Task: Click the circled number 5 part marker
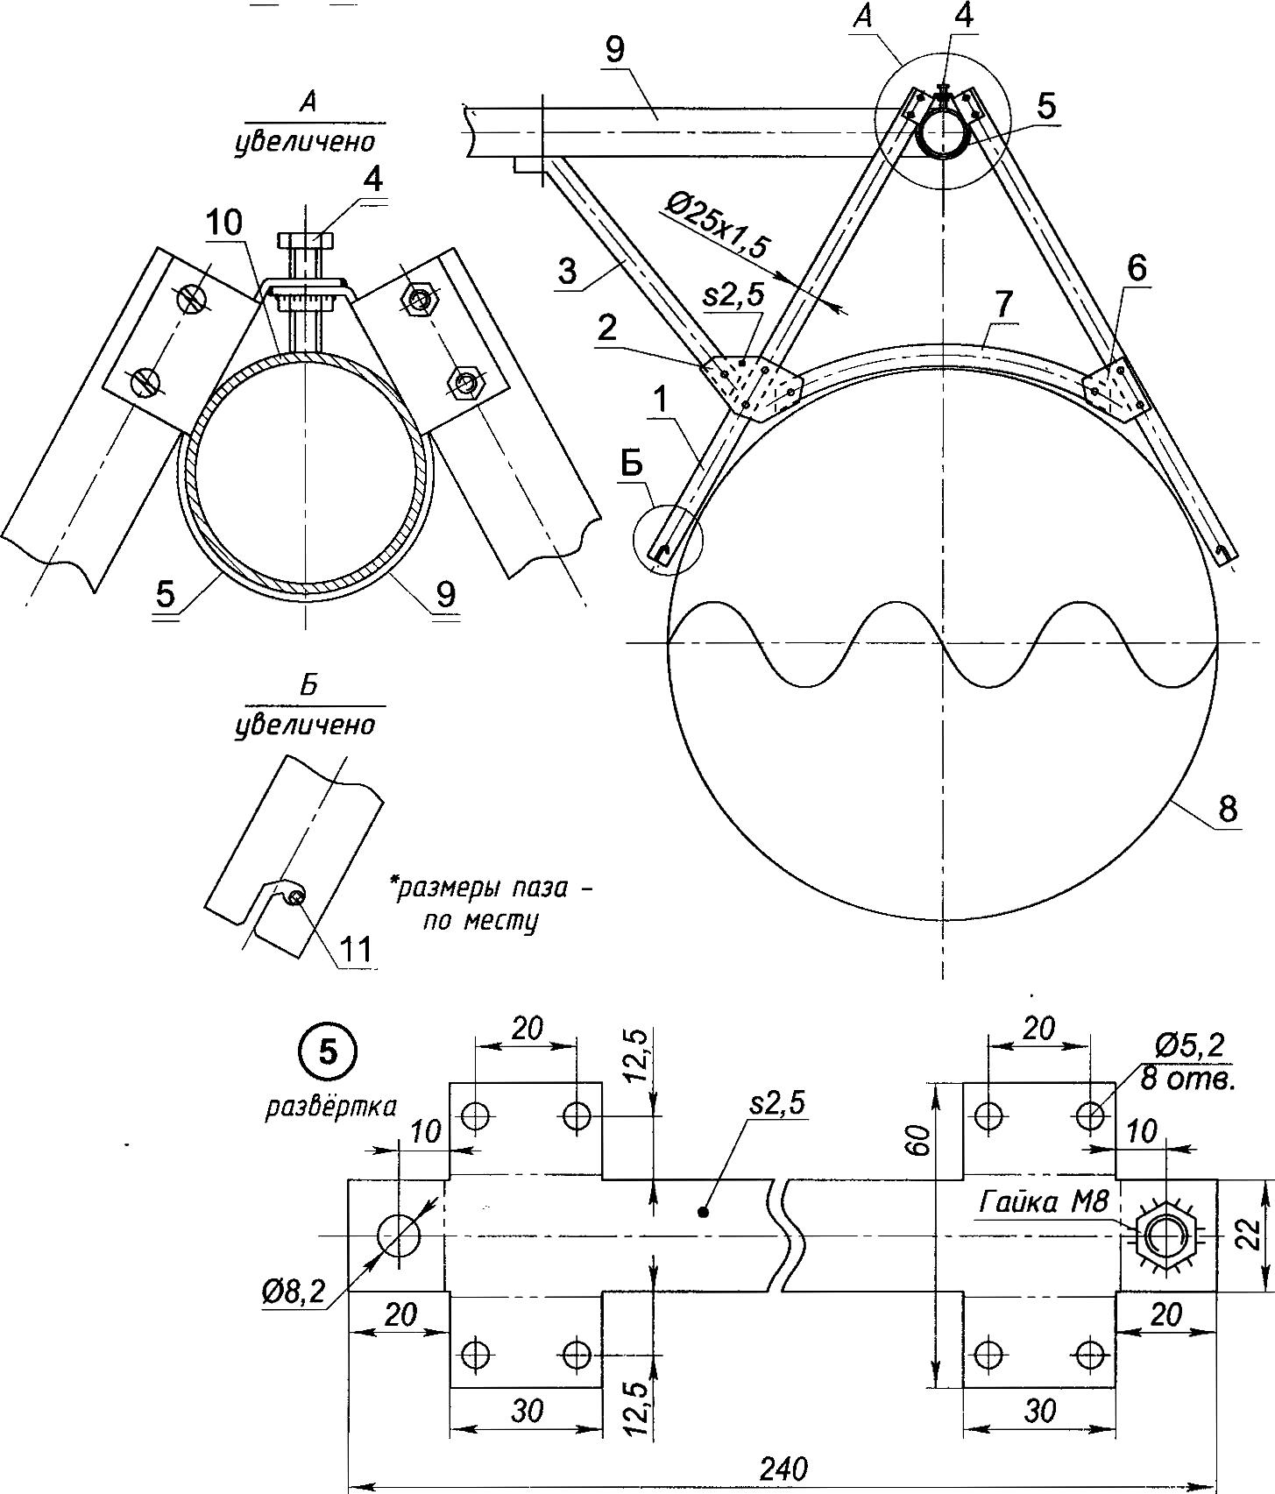pyautogui.click(x=327, y=1053)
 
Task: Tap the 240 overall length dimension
pyautogui.click(x=783, y=1468)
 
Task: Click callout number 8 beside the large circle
pyautogui.click(x=1228, y=808)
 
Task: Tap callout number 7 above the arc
pyautogui.click(x=1003, y=304)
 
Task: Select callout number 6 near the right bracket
pyautogui.click(x=1136, y=269)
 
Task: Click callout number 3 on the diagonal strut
pyautogui.click(x=567, y=271)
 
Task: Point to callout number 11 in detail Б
pyautogui.click(x=356, y=948)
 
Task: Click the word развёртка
pyautogui.click(x=330, y=1106)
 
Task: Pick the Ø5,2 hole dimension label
pyautogui.click(x=1190, y=1045)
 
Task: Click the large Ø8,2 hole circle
pyautogui.click(x=399, y=1236)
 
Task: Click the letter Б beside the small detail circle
pyautogui.click(x=633, y=466)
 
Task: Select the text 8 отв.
pyautogui.click(x=1187, y=1080)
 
